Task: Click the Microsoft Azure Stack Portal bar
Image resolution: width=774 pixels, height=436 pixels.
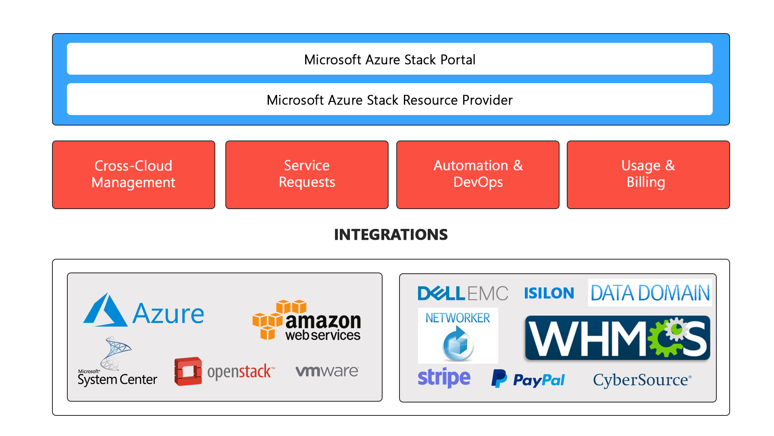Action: coord(389,59)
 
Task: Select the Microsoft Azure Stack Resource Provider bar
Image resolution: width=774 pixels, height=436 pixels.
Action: coord(389,99)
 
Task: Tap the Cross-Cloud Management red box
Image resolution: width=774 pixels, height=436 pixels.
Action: coord(133,174)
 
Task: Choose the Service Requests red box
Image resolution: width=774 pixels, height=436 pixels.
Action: coord(307,174)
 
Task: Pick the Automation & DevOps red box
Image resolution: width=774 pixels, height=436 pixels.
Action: coord(478,174)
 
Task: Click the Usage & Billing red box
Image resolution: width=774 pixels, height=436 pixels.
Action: coord(648,174)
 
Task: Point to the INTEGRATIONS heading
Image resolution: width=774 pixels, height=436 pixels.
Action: coord(391,235)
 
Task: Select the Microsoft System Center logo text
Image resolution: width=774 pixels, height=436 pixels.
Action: coord(117,379)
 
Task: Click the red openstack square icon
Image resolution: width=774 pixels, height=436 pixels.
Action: coord(188,371)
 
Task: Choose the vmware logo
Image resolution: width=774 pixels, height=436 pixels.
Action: coord(327,371)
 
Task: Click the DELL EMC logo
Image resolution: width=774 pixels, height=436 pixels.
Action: coord(463,293)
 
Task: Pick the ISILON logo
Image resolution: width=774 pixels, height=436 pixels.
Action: coord(549,293)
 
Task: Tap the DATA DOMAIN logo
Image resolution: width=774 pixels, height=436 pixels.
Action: coord(650,293)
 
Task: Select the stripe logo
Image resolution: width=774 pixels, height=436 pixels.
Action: coord(444,378)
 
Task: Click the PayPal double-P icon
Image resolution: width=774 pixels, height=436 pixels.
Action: coord(499,379)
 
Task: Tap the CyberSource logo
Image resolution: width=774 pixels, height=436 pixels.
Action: coord(642,380)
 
